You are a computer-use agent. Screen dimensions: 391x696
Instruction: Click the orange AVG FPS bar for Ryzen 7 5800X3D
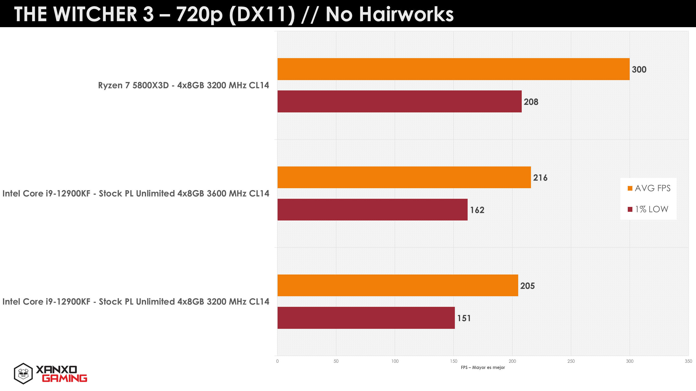[x=453, y=69]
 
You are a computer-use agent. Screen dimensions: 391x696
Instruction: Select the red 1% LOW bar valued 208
[x=399, y=101]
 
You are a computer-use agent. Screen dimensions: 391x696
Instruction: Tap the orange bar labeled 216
[x=404, y=177]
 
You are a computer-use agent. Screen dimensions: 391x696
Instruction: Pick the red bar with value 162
[x=372, y=210]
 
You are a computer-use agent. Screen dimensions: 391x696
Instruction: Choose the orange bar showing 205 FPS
[x=398, y=285]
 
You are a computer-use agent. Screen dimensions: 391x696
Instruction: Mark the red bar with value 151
[x=366, y=318]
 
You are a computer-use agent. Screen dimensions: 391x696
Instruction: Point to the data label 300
[x=639, y=70]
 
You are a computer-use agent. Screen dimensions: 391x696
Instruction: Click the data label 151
[x=464, y=318]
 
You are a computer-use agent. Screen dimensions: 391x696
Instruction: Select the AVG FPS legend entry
[x=649, y=188]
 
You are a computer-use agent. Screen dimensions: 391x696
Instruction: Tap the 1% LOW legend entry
[x=648, y=209]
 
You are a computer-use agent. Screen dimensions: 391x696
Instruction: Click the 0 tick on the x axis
[x=277, y=361]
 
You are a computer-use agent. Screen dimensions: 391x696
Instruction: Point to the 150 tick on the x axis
[x=453, y=361]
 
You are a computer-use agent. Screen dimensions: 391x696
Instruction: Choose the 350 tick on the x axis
[x=688, y=361]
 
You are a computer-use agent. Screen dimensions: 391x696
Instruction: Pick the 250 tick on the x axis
[x=571, y=361]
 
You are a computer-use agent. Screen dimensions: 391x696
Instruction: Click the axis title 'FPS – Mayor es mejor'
[x=483, y=367]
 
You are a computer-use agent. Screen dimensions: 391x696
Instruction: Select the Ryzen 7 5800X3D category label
[x=184, y=85]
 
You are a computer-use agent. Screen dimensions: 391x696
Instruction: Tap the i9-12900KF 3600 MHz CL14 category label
[x=136, y=193]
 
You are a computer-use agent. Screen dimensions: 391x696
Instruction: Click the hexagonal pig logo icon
[x=23, y=374]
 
